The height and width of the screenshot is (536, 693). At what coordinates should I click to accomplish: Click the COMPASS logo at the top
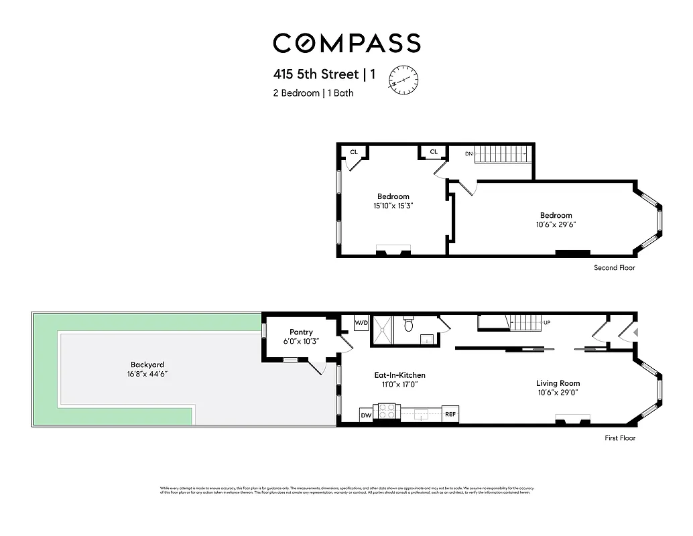(x=346, y=43)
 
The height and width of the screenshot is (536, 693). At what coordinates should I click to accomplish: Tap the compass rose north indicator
(x=403, y=79)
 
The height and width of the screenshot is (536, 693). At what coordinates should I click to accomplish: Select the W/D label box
(x=361, y=323)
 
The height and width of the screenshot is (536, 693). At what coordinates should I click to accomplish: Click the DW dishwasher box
(x=366, y=415)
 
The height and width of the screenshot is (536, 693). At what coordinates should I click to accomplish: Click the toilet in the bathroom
(x=408, y=325)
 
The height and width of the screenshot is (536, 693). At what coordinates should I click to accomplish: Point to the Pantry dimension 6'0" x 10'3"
(x=301, y=341)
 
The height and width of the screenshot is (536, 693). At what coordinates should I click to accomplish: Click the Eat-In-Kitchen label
(x=399, y=375)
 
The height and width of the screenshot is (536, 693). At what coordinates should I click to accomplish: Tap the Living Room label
(x=558, y=383)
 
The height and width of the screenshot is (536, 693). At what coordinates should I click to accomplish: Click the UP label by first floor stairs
(x=547, y=323)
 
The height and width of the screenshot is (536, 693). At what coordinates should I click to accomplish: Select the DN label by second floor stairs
(x=468, y=153)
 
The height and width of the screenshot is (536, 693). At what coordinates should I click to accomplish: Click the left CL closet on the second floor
(x=353, y=152)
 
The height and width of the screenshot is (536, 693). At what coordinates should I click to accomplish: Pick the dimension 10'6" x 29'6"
(x=556, y=224)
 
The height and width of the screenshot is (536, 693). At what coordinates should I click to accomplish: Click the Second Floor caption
(x=614, y=268)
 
